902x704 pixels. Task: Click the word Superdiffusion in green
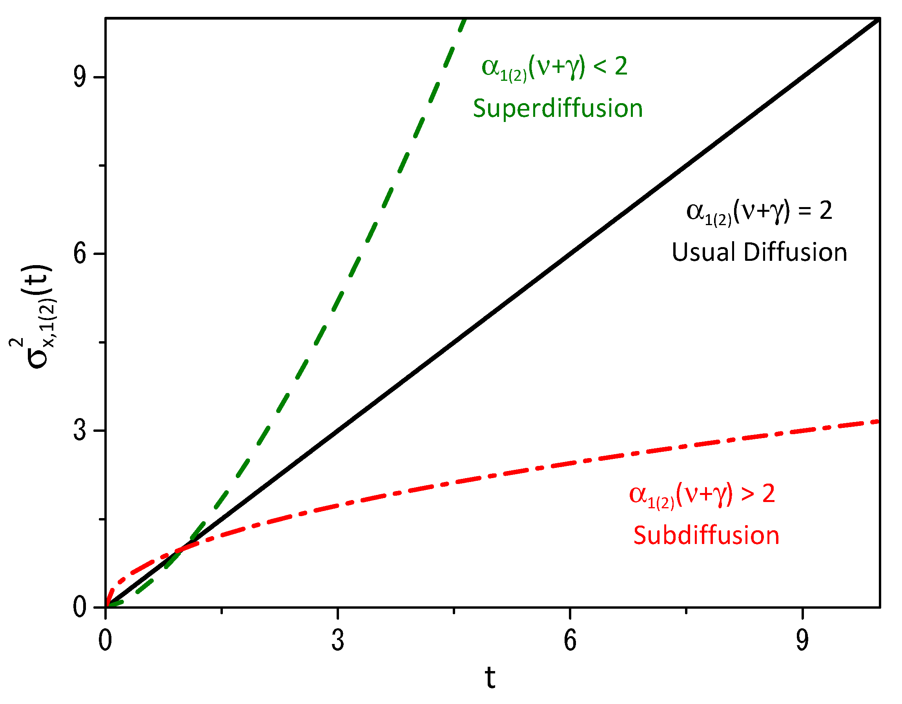point(558,109)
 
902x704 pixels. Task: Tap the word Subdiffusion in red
point(706,536)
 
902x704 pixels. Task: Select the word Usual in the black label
point(703,252)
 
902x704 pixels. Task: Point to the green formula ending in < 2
point(554,67)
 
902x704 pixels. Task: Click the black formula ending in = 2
point(759,211)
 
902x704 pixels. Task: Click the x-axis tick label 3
point(337,641)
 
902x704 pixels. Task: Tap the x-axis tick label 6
point(570,641)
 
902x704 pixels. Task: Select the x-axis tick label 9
point(802,641)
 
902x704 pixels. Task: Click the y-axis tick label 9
point(80,77)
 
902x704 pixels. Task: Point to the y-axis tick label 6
point(80,253)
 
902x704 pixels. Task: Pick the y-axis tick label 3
point(80,430)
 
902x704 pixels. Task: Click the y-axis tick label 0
point(80,607)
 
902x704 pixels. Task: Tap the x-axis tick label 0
point(105,641)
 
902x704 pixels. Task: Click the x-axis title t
point(490,678)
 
